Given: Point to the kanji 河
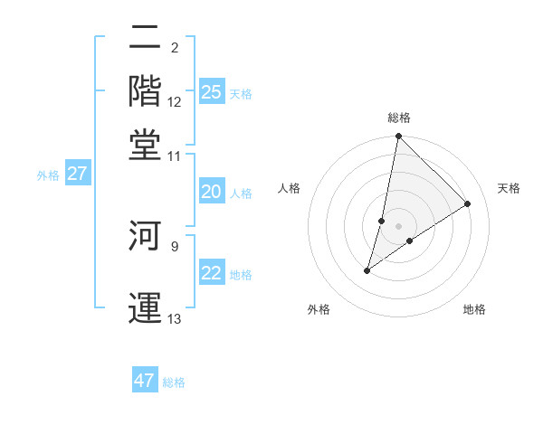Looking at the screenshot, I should click(146, 237).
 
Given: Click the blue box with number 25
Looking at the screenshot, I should click(212, 91).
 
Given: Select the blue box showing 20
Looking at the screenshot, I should click(211, 192).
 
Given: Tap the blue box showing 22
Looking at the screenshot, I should click(211, 273).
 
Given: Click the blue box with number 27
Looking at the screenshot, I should click(77, 174).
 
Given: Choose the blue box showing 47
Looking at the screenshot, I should click(145, 381).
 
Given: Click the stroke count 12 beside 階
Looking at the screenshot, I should click(175, 102).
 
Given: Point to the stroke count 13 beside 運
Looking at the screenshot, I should click(175, 319).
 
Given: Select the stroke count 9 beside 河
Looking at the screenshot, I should click(175, 244).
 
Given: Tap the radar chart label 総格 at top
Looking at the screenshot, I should click(399, 118).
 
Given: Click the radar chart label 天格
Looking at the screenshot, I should click(510, 188).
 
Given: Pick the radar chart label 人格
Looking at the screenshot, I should click(290, 188).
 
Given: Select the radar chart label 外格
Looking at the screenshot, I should click(319, 309).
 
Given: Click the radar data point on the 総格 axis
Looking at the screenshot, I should click(399, 137).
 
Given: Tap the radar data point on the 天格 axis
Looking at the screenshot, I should click(468, 203).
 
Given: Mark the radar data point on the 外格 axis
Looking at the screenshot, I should click(367, 270).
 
